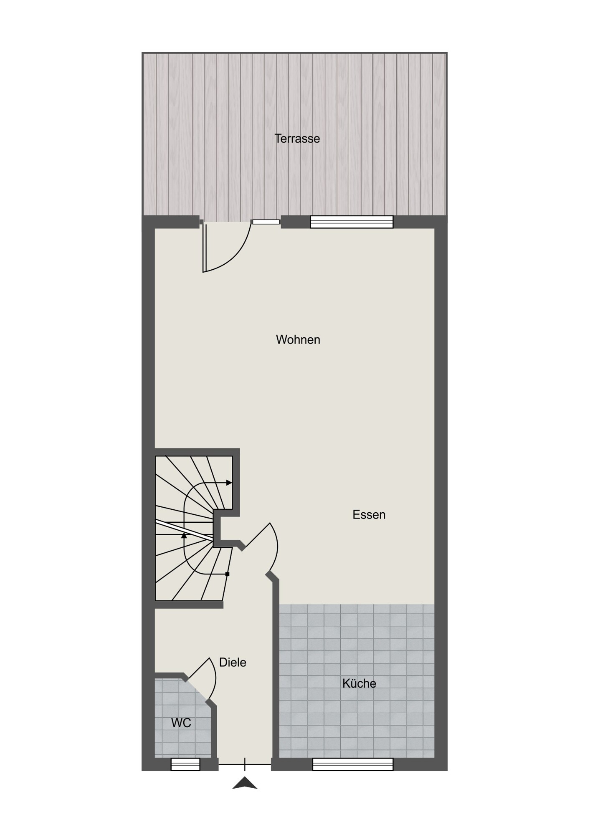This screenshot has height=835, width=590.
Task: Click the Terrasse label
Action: [x=297, y=139]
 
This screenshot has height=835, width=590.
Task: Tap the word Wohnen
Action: [x=298, y=339]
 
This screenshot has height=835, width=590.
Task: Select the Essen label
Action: [x=369, y=514]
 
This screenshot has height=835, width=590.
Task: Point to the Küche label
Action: [x=359, y=683]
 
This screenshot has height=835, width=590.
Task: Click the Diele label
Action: [x=233, y=663]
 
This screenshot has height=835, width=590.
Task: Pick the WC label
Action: [x=181, y=723]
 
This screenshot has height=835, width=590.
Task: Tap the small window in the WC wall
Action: [x=185, y=764]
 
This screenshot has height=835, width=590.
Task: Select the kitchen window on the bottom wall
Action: [x=353, y=764]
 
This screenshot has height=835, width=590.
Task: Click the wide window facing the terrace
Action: [x=352, y=222]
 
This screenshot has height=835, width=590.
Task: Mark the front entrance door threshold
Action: [x=245, y=764]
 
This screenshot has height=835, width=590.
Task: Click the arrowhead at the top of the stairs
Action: [x=229, y=483]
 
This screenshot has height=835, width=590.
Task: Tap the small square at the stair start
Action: [x=227, y=574]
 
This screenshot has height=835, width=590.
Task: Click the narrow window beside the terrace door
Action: [x=266, y=222]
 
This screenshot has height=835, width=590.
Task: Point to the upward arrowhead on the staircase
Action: [x=184, y=535]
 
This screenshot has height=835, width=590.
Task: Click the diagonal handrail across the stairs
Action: [x=184, y=530]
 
